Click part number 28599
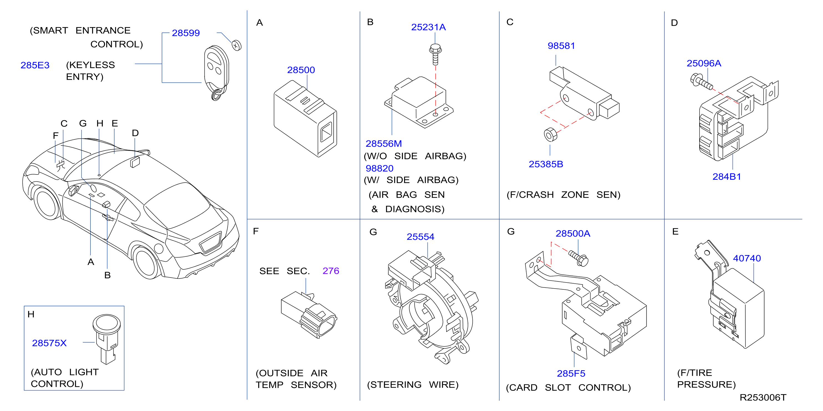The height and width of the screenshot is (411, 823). click(186, 33)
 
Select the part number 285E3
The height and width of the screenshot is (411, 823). click(35, 65)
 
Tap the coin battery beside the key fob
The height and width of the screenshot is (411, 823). click(236, 45)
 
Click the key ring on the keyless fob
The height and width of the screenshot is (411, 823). click(217, 94)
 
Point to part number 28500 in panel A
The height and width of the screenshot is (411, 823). click(301, 70)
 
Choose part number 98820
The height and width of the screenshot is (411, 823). click(379, 168)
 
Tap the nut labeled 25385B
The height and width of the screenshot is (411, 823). click(550, 135)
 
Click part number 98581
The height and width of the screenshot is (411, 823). click(561, 46)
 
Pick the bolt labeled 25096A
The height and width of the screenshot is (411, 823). click(701, 81)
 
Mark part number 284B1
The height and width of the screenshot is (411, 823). click(726, 176)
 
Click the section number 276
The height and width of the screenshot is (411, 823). click(331, 271)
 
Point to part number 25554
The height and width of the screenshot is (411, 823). click(420, 237)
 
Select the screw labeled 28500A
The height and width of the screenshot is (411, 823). click(579, 258)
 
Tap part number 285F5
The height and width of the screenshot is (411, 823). click(571, 373)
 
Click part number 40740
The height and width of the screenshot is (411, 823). click(747, 258)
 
